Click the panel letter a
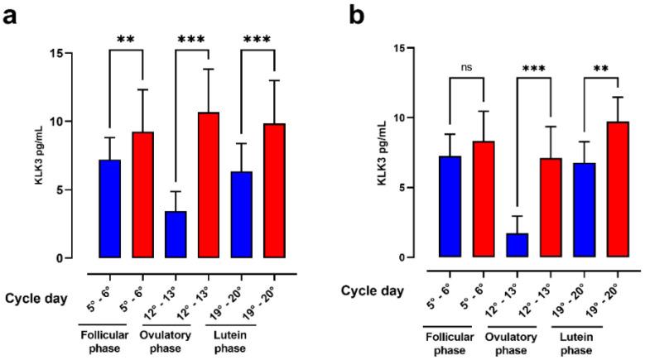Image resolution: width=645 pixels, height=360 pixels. click(x=11, y=14)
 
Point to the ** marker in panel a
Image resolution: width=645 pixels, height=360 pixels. click(x=126, y=40)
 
